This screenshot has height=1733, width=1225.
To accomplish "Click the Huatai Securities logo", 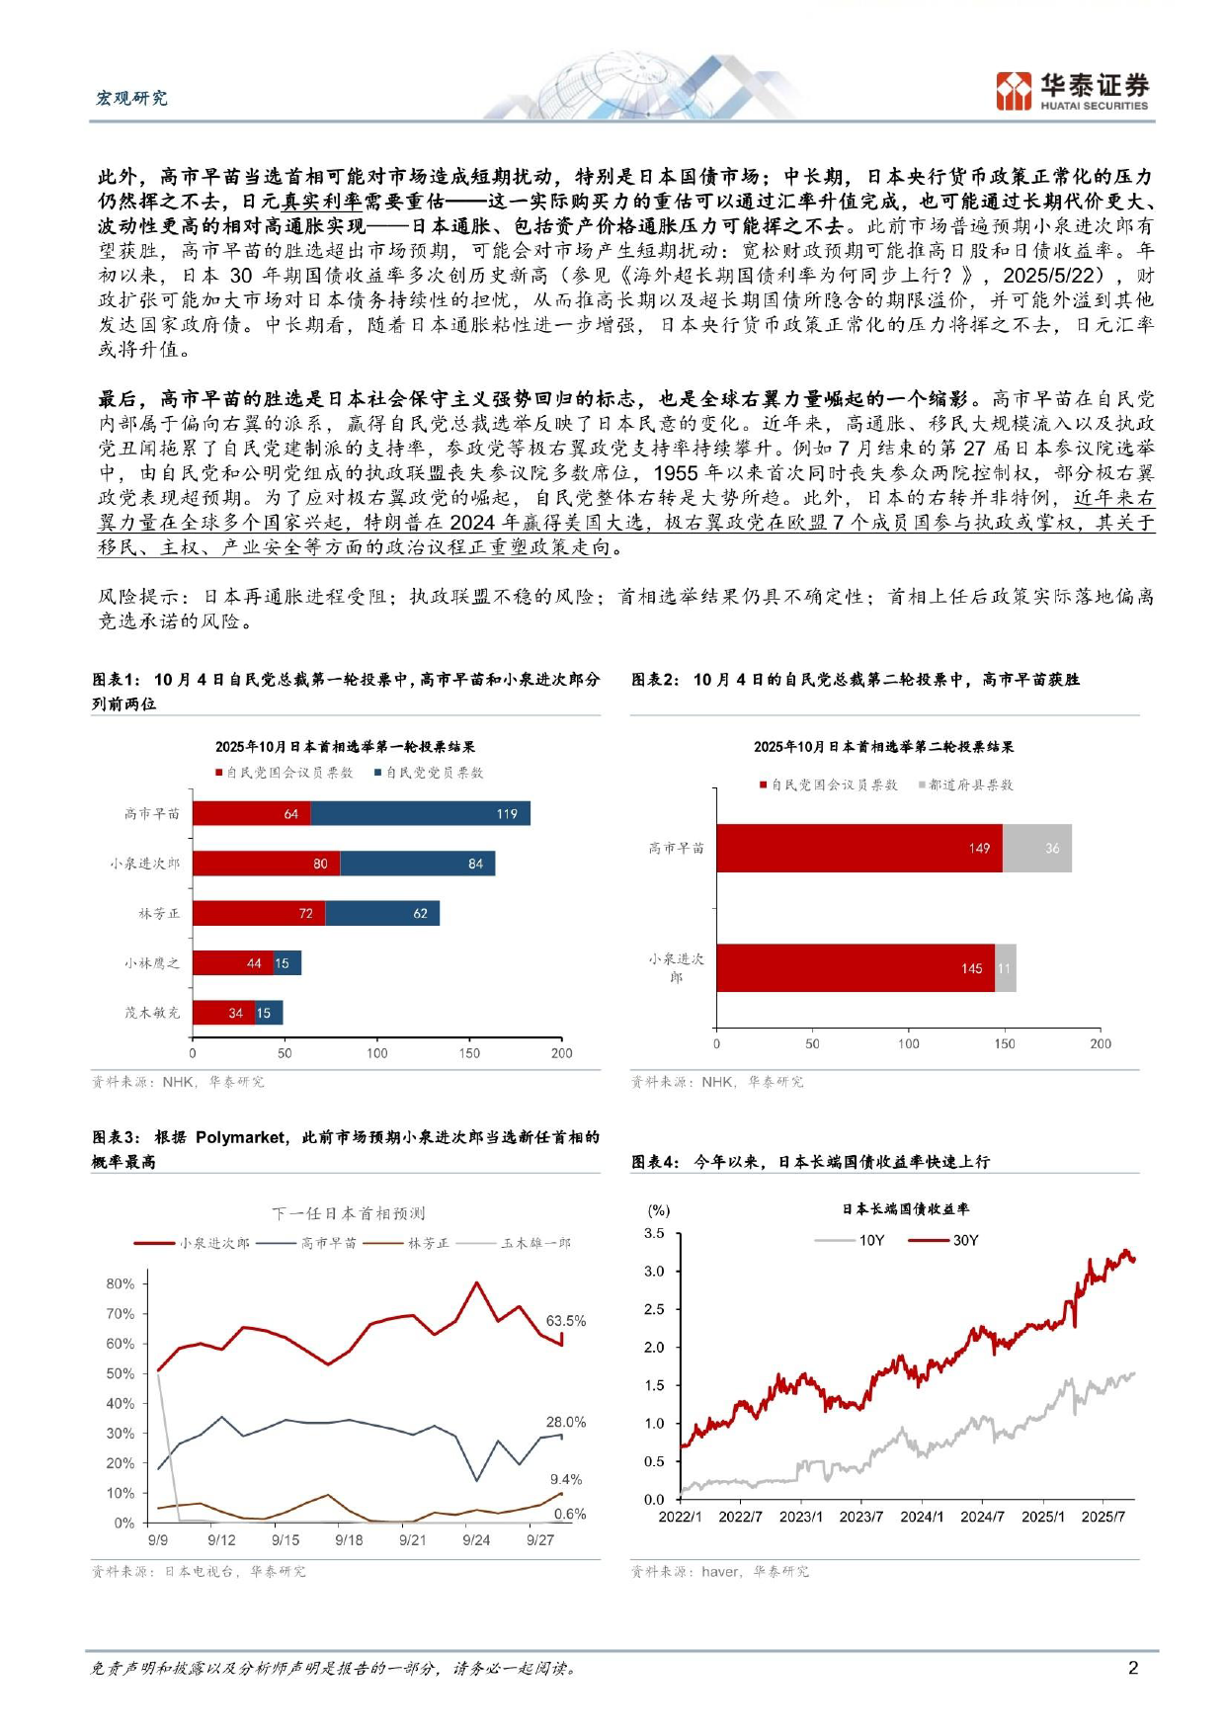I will click(x=1072, y=91).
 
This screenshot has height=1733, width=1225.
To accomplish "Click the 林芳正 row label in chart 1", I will click(x=159, y=914).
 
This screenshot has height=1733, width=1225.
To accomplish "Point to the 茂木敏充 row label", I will click(x=152, y=1013).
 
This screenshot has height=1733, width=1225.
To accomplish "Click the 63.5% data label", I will click(x=565, y=1320).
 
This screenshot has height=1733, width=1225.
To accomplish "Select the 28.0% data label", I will click(x=565, y=1422).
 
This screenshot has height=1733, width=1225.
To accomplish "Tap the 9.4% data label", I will click(x=565, y=1479).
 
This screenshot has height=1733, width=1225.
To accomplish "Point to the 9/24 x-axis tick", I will click(x=476, y=1539).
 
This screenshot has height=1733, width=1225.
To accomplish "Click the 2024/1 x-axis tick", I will click(x=921, y=1517).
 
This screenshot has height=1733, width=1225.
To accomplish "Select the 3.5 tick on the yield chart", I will click(x=654, y=1233).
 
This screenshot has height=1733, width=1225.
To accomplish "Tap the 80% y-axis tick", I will click(x=121, y=1283).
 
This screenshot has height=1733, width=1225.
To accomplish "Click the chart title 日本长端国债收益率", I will click(x=905, y=1208).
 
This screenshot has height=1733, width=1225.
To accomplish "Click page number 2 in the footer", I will click(x=1132, y=1668).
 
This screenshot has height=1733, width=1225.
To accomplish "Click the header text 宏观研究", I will click(x=131, y=98).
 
